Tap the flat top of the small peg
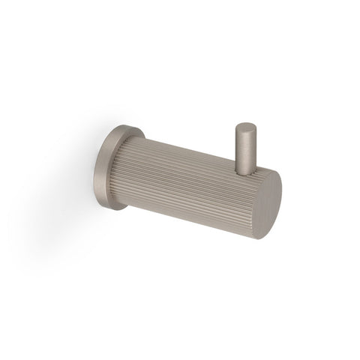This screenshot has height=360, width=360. [245, 127]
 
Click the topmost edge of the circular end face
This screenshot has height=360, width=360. [267, 171]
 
